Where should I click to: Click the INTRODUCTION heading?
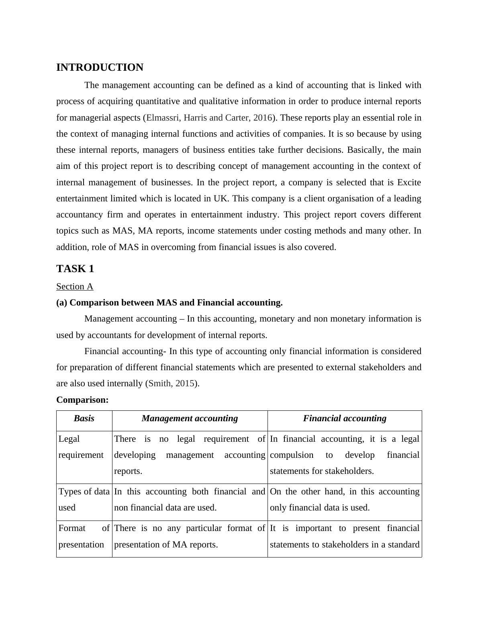(100, 68)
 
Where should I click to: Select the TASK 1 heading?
(75, 269)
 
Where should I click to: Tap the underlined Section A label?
(75, 287)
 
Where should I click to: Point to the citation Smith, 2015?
(171, 383)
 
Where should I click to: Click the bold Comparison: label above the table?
(82, 400)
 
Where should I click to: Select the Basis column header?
(84, 418)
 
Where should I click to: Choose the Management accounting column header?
(190, 418)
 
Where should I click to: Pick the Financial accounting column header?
(345, 418)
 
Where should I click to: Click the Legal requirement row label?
(81, 447)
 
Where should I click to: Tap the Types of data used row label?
(84, 500)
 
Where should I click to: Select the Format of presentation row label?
(84, 536)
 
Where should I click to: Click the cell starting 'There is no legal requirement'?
(190, 455)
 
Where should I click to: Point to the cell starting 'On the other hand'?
(345, 500)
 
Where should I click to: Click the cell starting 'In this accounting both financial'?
(190, 500)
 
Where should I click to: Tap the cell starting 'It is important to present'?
(345, 536)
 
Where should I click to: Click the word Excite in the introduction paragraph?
(409, 182)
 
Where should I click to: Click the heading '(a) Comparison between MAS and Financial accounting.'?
(169, 303)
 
